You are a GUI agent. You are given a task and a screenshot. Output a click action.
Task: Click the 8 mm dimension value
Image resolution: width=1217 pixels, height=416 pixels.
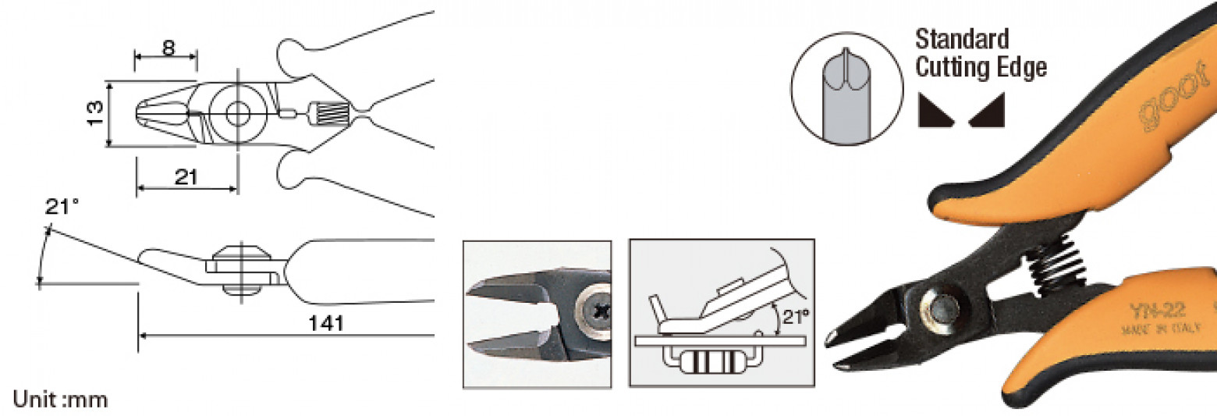168,46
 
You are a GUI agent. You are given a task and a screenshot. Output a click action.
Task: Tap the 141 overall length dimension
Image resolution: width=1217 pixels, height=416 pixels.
326,323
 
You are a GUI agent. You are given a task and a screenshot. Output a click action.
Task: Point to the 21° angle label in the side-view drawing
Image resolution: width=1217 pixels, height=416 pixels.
62,208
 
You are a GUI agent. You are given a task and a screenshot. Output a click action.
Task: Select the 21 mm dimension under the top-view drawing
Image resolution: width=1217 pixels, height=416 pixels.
186,177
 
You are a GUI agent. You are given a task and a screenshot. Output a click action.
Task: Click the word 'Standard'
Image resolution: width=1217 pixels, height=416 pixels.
962,39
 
